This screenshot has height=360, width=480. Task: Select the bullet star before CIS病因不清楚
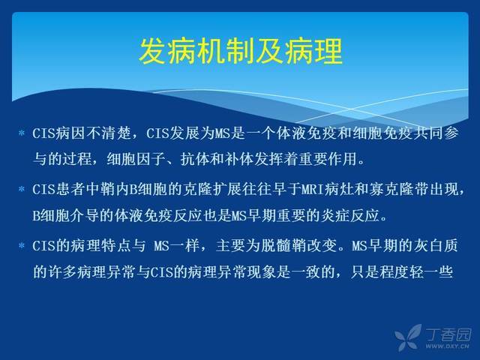[22, 133]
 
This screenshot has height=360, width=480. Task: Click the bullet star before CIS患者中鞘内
[22, 189]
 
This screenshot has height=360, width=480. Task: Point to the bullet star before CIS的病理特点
[22, 245]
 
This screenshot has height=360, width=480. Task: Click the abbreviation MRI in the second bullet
[313, 190]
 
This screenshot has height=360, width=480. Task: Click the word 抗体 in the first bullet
[195, 159]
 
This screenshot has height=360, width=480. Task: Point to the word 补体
[239, 159]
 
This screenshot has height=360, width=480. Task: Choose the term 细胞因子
[136, 159]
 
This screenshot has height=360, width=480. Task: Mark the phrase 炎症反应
[350, 216]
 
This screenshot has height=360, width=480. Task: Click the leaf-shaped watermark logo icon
[408, 337]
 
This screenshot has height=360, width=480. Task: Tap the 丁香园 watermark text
[448, 334]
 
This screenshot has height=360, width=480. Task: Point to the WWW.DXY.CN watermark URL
[447, 346]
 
